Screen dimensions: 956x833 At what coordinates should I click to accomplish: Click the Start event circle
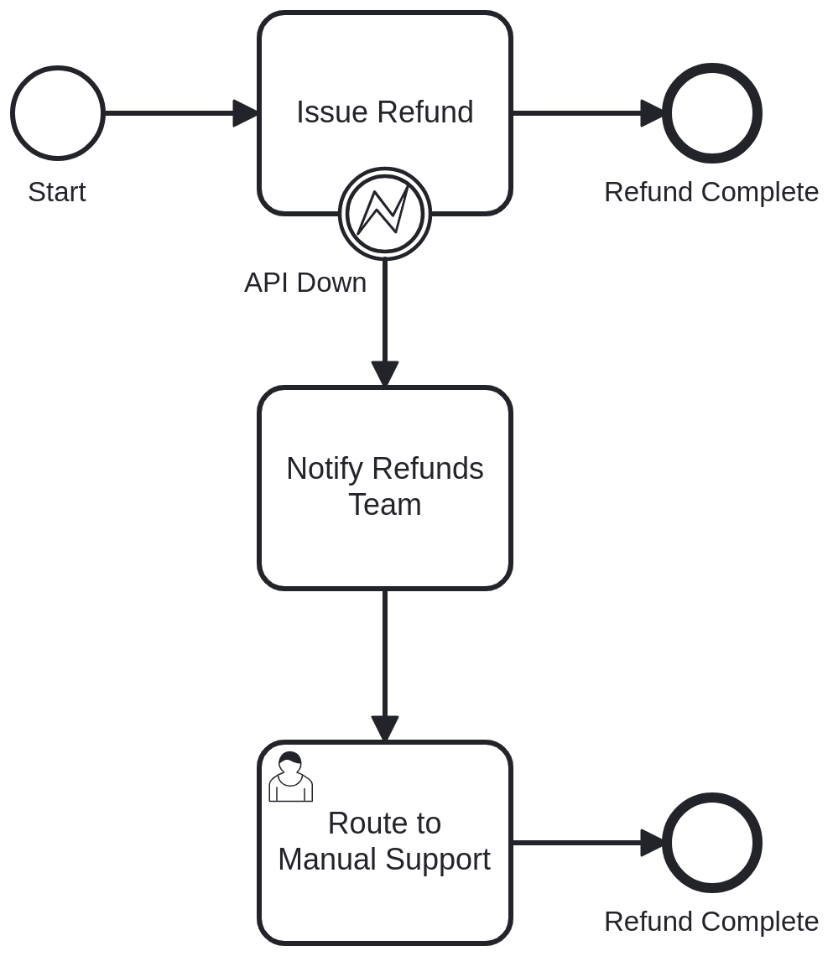click(58, 113)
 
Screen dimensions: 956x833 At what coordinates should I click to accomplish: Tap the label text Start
click(57, 192)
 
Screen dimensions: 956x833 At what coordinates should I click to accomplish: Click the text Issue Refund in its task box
click(385, 112)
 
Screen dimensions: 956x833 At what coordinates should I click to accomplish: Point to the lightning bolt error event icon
click(384, 214)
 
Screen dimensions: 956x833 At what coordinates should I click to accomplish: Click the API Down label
click(305, 283)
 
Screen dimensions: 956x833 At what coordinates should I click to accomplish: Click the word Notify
click(325, 469)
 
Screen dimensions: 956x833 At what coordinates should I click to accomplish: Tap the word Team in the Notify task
click(384, 505)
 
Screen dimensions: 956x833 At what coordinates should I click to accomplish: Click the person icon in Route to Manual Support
click(290, 777)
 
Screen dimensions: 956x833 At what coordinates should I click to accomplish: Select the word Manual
click(327, 860)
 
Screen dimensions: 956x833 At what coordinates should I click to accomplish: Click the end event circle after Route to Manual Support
click(712, 843)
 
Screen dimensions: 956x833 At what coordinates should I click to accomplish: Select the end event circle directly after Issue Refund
click(712, 113)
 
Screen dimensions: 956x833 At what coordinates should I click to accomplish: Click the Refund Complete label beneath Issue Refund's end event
click(711, 192)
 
